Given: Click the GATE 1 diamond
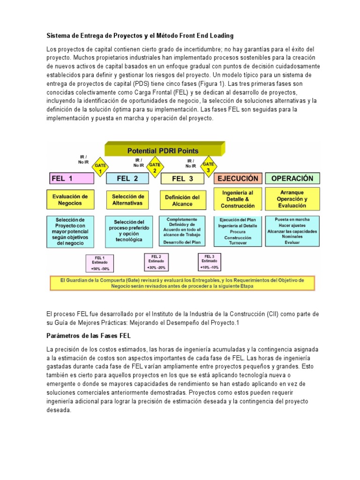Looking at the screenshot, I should pos(100,168).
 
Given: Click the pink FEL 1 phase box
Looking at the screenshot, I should pos(71,179).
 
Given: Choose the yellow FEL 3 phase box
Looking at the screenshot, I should pos(186,179).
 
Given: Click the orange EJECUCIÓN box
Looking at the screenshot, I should pos(238,179).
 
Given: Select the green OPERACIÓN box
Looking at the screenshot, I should pos(292,179).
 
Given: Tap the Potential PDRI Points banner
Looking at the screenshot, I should pos(163,150).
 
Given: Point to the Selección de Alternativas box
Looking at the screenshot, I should pos(128,200).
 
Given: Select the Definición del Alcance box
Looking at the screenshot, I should pos(182,200).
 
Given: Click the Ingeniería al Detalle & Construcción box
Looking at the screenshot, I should pos(238,199).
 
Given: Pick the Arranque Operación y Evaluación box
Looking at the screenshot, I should pos(292,199).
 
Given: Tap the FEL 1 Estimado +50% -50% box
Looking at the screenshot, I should pos(100,263).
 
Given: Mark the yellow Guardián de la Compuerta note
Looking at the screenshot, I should pos(182,283).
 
